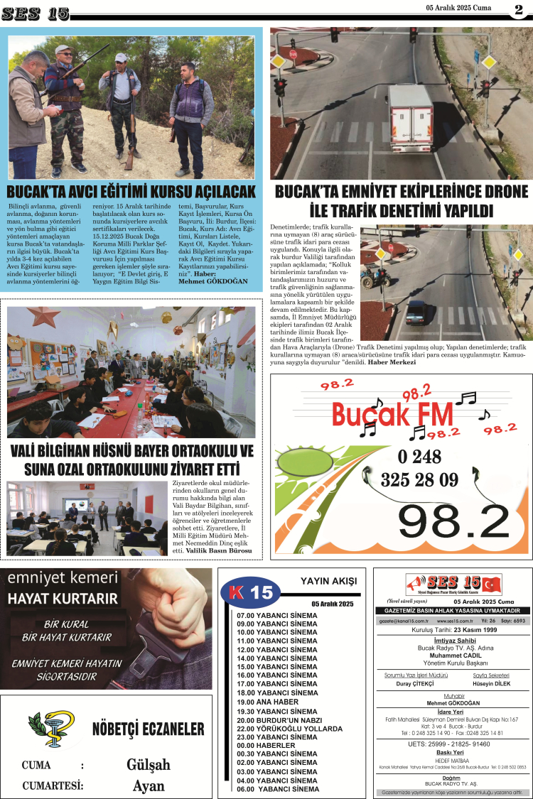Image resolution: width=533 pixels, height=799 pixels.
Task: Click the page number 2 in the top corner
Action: pos(518,9)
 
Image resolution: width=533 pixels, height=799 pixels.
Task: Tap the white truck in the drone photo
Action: pos(411,118)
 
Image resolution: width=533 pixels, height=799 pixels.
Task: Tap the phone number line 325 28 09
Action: pos(419,479)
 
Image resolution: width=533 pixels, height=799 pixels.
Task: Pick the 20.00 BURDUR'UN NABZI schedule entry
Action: pos(281,719)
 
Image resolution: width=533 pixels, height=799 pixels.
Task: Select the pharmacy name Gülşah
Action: pos(149,765)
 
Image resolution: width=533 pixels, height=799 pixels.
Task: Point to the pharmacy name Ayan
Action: pos(149,786)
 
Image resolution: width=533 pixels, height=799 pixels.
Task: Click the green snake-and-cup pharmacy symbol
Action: pos(51,730)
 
